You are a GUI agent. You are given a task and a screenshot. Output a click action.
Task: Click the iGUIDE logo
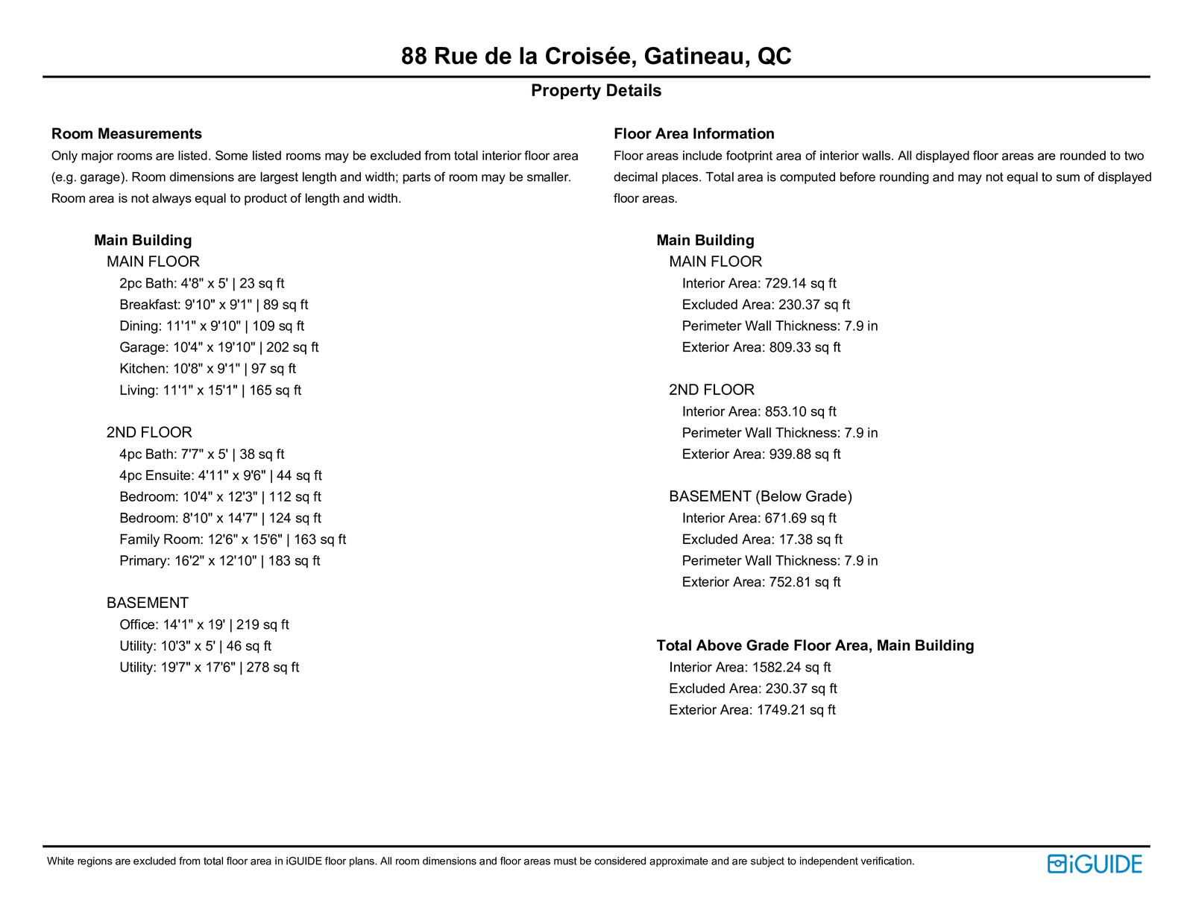(1095, 864)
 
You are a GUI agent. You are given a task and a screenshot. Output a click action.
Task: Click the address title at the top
(596, 56)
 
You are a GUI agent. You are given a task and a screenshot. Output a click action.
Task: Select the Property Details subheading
(596, 91)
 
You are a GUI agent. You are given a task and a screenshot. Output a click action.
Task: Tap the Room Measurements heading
(127, 134)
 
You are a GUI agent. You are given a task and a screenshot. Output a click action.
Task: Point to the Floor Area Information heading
(693, 134)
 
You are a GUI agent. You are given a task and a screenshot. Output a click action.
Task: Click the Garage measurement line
(218, 347)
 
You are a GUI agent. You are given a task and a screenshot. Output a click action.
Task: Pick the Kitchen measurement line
(207, 369)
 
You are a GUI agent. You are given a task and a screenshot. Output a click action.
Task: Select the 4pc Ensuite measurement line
(220, 475)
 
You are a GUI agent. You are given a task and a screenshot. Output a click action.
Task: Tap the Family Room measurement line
(232, 539)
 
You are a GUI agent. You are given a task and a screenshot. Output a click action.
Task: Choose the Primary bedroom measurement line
(219, 561)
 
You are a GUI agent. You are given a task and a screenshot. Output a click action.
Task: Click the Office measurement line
(204, 625)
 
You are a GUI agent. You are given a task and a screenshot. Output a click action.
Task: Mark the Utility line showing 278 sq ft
(209, 668)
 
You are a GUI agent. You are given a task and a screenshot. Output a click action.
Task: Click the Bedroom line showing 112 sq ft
(220, 497)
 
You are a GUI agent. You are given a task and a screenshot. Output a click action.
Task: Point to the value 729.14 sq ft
(800, 284)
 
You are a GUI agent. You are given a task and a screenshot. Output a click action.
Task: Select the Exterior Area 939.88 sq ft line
(761, 455)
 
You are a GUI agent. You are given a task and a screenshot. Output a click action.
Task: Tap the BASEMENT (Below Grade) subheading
(760, 497)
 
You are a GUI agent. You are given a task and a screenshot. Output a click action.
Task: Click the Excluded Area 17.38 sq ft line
(762, 539)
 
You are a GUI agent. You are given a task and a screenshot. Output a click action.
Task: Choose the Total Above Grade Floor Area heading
(815, 646)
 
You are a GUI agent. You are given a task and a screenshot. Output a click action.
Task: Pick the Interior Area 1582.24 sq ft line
(749, 668)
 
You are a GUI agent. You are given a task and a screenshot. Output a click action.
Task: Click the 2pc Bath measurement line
(201, 284)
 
